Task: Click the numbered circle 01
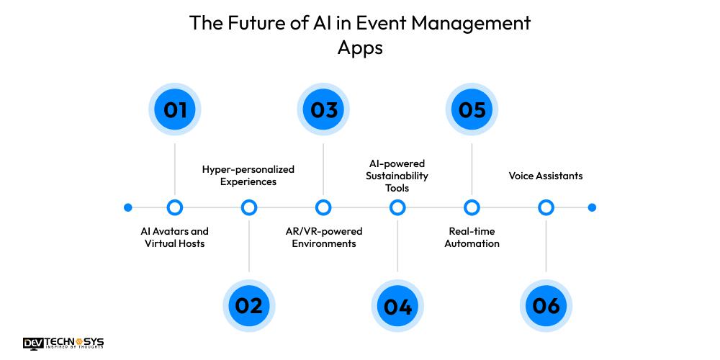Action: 175,110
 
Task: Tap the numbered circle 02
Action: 249,305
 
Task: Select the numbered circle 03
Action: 323,110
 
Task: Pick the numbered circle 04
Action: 397,305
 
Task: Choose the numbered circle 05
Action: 472,110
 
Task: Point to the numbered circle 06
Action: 546,305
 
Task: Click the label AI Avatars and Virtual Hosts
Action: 175,237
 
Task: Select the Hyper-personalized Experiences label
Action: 248,175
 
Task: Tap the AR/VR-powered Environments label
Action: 323,237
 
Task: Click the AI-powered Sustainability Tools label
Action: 397,175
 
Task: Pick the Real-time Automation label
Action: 472,237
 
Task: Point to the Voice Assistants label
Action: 546,176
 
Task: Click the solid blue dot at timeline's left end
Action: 128,207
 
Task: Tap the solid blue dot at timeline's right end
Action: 592,207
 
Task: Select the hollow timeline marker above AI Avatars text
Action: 175,207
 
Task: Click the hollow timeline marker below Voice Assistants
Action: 546,207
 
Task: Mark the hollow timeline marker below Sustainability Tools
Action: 397,207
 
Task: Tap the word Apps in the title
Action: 360,48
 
